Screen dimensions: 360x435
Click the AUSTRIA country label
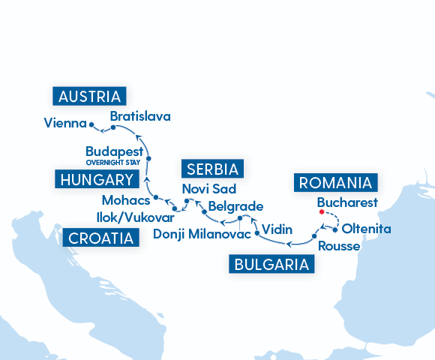(90, 96)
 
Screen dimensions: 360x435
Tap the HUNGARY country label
(97, 179)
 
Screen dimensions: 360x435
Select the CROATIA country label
(103, 238)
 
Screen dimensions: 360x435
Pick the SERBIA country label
(214, 168)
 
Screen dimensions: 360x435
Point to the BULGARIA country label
(271, 264)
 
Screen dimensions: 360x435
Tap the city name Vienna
(64, 122)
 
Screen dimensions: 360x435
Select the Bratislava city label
(140, 116)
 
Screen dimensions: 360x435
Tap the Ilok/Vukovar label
(136, 217)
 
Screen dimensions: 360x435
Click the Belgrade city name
(235, 205)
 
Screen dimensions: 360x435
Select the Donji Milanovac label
(196, 235)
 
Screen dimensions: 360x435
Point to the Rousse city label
(339, 246)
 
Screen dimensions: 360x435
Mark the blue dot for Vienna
(91, 124)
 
